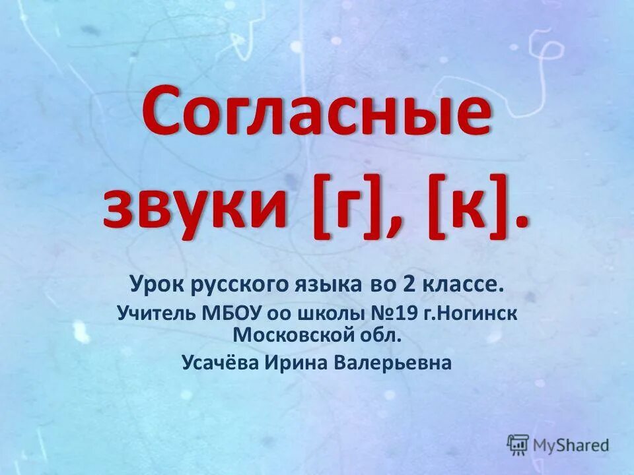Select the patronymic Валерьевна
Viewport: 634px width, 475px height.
(x=396, y=363)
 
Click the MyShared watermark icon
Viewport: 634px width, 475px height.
(x=518, y=443)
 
